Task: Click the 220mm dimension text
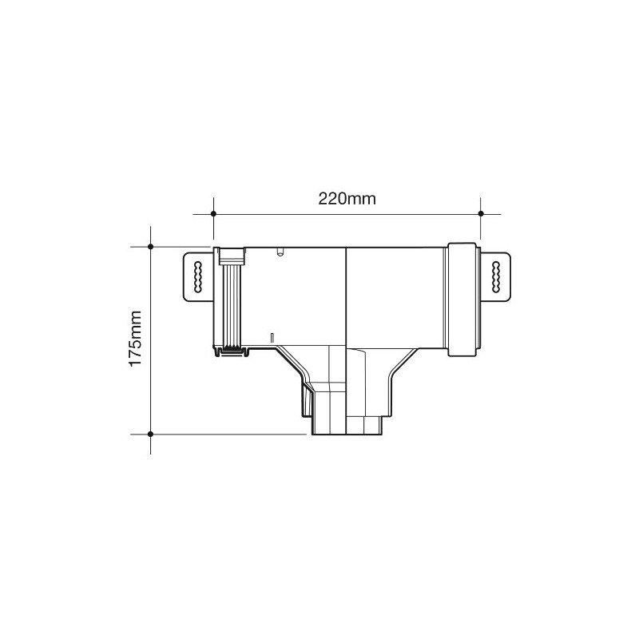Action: pyautogui.click(x=347, y=200)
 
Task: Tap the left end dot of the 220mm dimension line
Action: pyautogui.click(x=212, y=214)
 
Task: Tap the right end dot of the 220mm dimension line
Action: pyautogui.click(x=481, y=214)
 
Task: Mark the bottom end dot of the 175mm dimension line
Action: pyautogui.click(x=151, y=433)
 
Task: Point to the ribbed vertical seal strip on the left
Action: pyautogui.click(x=232, y=307)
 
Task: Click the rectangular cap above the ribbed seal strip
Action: pyautogui.click(x=232, y=256)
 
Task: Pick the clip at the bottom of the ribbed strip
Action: pyautogui.click(x=232, y=350)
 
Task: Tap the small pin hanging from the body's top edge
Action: pyautogui.click(x=279, y=252)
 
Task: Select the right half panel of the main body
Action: pyautogui.click(x=395, y=296)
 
